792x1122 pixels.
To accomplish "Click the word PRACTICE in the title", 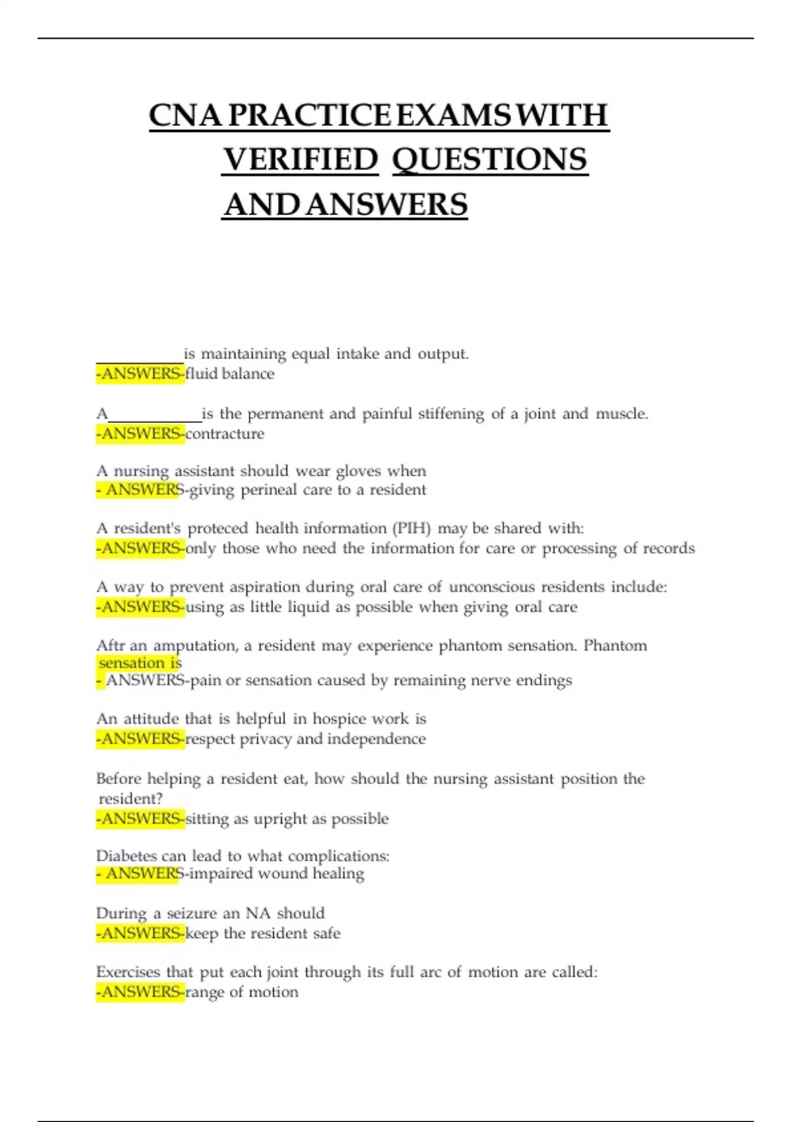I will click(310, 115).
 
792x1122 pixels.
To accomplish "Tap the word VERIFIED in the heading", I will click(300, 160).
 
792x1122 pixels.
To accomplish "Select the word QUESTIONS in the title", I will click(490, 160).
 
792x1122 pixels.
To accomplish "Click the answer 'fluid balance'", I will click(230, 374).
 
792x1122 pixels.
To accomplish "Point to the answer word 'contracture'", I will click(225, 434).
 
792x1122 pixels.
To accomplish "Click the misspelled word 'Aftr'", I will click(111, 645).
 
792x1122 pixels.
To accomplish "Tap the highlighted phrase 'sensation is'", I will click(140, 663).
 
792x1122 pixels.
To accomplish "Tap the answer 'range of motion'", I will click(242, 993).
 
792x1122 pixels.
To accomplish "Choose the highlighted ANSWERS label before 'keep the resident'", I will click(141, 934).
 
